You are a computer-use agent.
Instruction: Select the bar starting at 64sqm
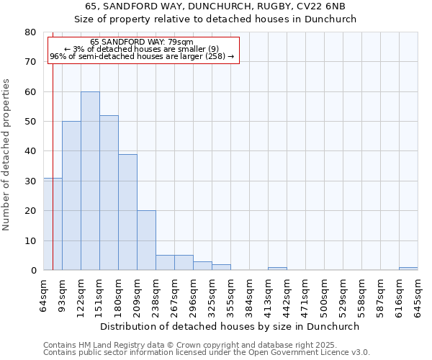pos(53,224)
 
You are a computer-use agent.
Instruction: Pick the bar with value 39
pos(127,212)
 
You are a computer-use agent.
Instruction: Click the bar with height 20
pos(146,240)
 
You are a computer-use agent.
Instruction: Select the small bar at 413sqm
pos(277,269)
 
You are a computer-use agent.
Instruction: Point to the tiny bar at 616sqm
pos(408,269)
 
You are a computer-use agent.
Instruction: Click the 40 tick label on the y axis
pos(30,151)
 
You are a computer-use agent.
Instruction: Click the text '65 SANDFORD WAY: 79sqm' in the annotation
pos(142,42)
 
